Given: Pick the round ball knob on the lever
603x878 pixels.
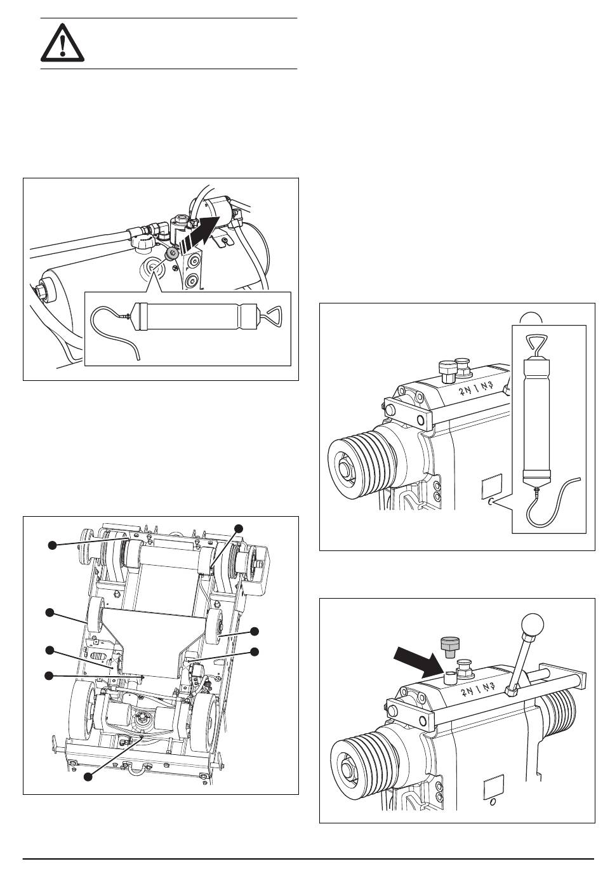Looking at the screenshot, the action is click(x=533, y=623).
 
